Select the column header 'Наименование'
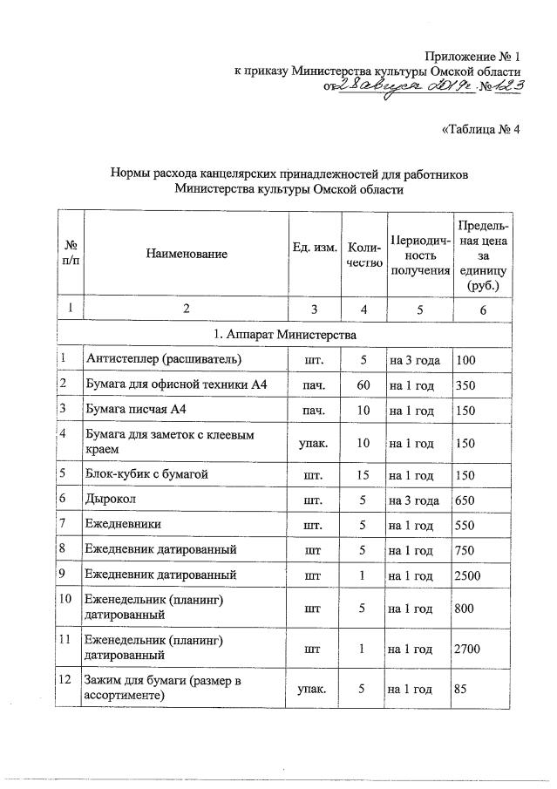187,254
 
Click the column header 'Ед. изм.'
315,248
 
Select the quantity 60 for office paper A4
363,384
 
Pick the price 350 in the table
466,384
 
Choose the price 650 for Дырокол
466,500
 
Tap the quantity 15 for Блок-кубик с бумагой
363,474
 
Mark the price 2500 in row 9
470,576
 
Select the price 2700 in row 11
470,649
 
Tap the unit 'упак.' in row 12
315,690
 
